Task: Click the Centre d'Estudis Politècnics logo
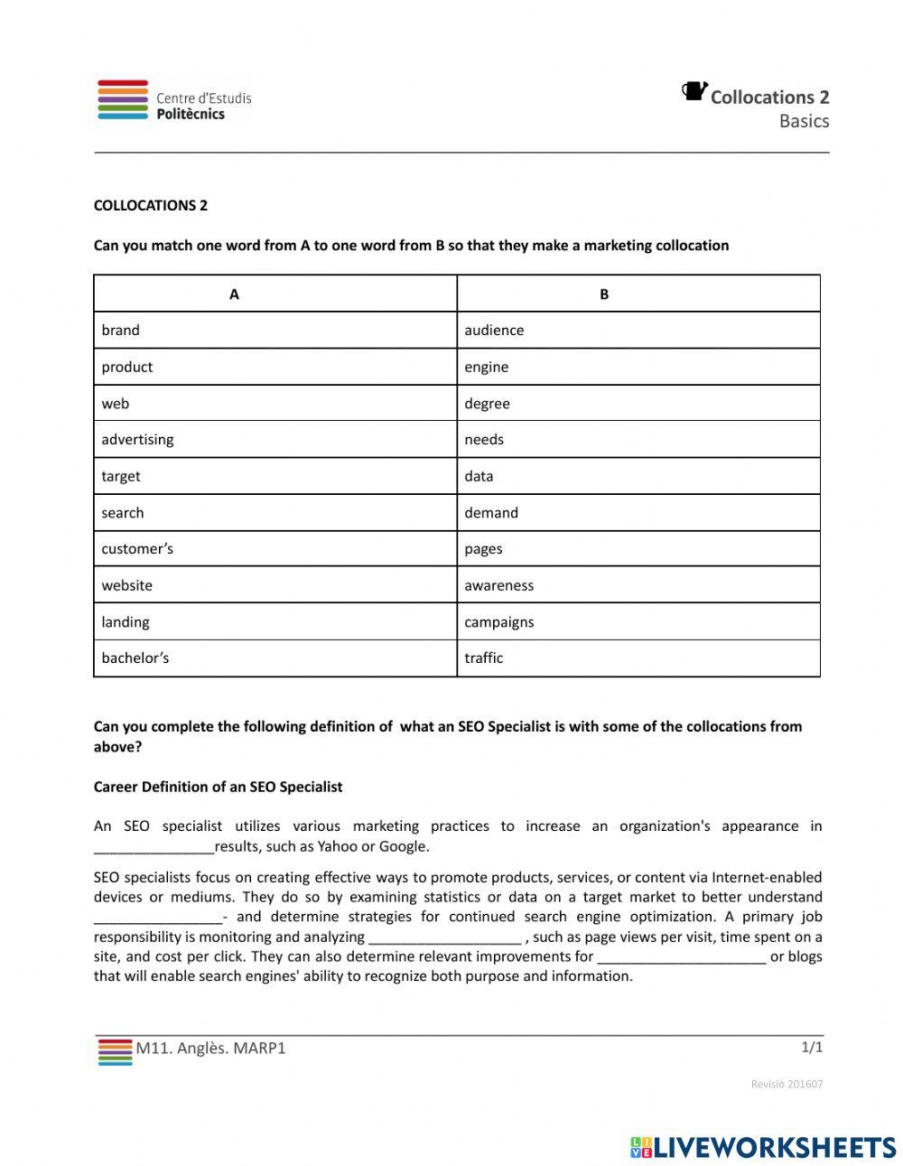click(x=174, y=100)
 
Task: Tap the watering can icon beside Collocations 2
click(x=694, y=91)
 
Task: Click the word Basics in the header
click(x=804, y=121)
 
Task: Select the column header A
click(x=235, y=294)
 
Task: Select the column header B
click(x=604, y=294)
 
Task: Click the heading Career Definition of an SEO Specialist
click(x=218, y=787)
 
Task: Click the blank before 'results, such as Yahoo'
click(x=154, y=847)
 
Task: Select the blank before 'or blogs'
click(x=682, y=957)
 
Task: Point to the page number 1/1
click(x=812, y=1048)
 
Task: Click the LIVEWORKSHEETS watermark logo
click(x=763, y=1147)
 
